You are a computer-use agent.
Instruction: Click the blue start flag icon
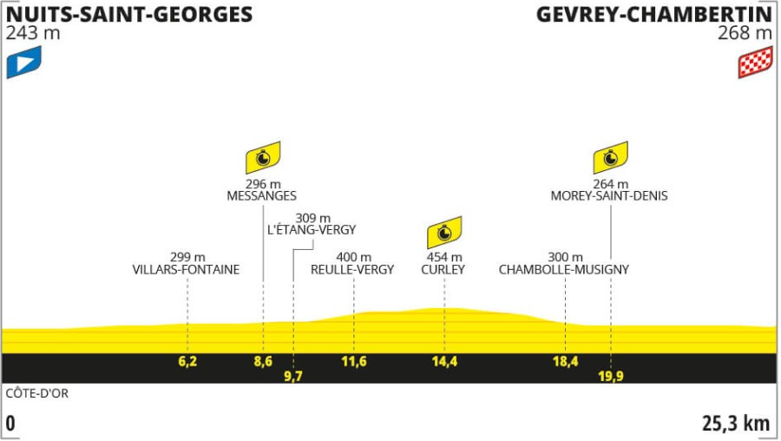24,62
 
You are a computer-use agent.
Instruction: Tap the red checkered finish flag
756,62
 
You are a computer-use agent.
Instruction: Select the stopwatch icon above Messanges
263,157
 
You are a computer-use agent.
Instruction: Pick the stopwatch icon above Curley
444,232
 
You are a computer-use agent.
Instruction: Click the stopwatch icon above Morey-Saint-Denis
611,157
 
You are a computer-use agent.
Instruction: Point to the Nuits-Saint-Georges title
129,15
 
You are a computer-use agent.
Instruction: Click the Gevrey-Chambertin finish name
654,15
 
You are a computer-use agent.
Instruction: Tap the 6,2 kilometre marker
187,361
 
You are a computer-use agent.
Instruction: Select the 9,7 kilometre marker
293,376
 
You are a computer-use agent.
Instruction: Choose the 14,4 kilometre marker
445,361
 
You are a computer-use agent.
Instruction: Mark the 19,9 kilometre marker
611,376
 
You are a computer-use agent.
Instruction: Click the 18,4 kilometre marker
565,361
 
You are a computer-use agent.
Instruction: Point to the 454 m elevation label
444,257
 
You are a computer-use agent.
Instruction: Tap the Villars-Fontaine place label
186,270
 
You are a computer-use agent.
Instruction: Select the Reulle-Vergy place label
352,270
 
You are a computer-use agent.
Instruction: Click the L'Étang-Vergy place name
312,230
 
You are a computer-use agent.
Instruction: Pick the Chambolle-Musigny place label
564,270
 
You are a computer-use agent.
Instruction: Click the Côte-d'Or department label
37,393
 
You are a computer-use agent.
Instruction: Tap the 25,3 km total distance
736,424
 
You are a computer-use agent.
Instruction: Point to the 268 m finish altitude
745,33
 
